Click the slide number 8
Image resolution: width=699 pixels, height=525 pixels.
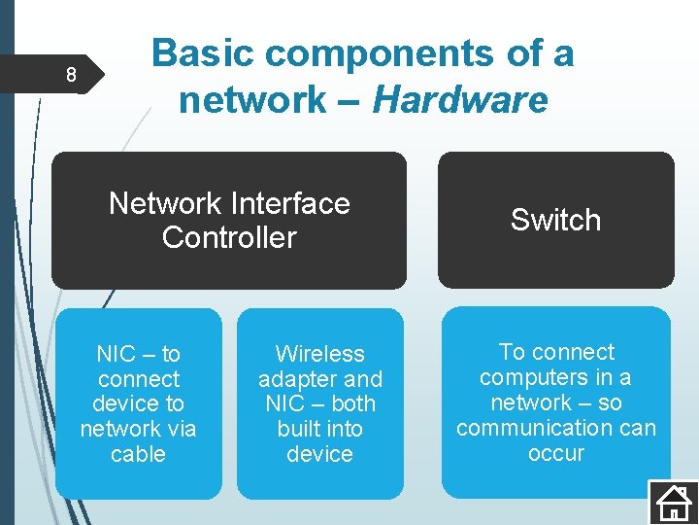(70, 75)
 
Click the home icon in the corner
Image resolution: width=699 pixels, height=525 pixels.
(672, 502)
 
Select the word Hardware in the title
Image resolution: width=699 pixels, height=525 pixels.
(460, 99)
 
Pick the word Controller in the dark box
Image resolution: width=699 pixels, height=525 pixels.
(229, 237)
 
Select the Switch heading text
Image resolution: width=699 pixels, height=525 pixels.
(555, 220)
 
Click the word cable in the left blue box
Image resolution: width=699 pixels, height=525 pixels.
(138, 454)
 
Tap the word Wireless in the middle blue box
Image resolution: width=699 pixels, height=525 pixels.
(319, 354)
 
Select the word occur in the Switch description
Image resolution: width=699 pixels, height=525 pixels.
(555, 453)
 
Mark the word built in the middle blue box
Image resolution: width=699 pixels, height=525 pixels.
(300, 429)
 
